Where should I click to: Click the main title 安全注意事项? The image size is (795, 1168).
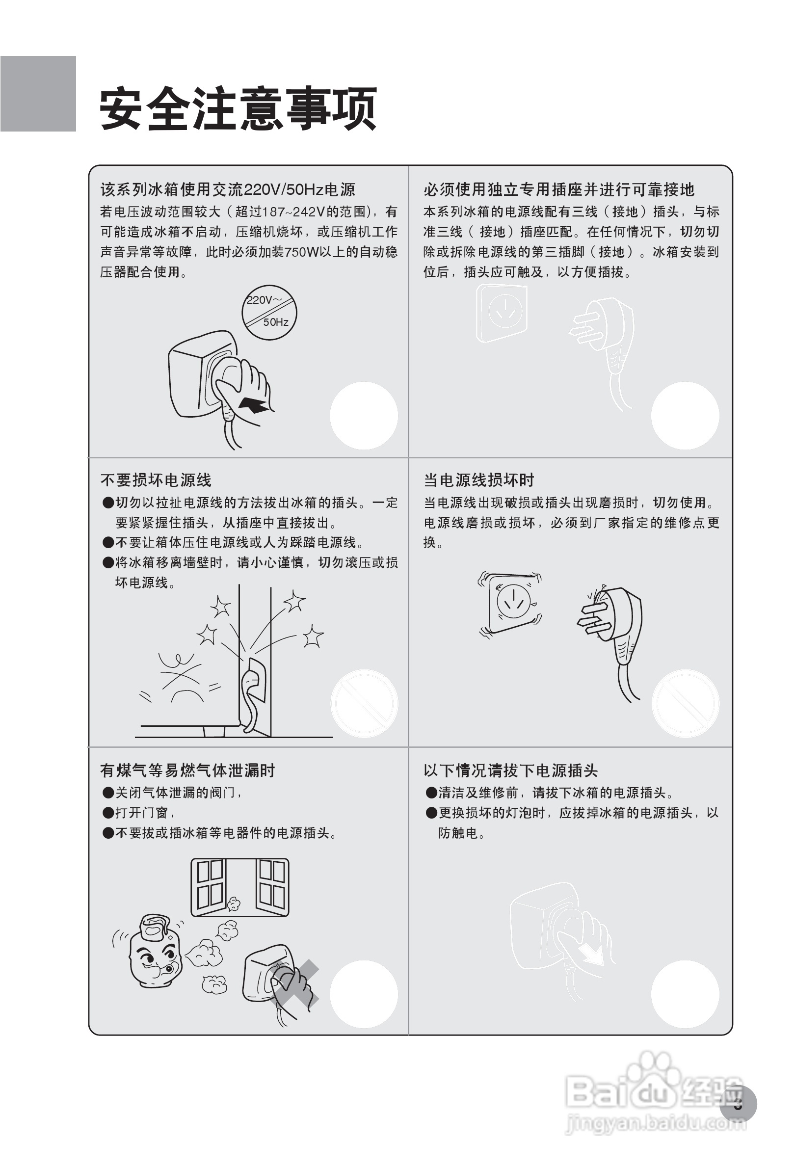tap(238, 108)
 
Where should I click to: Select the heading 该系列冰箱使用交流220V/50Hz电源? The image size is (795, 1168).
tap(228, 189)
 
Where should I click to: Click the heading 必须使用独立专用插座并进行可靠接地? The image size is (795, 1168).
tap(558, 189)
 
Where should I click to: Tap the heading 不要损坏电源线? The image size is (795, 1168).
tap(156, 480)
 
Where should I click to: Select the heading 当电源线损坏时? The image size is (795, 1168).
tap(478, 480)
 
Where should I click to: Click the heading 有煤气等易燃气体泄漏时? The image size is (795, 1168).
tap(187, 770)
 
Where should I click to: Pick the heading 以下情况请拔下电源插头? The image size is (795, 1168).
tap(510, 770)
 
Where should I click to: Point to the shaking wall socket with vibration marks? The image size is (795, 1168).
tap(510, 604)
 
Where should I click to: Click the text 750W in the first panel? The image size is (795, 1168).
tap(301, 252)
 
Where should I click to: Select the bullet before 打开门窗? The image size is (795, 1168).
tap(107, 813)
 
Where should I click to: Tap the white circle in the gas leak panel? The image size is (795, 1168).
tap(364, 994)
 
